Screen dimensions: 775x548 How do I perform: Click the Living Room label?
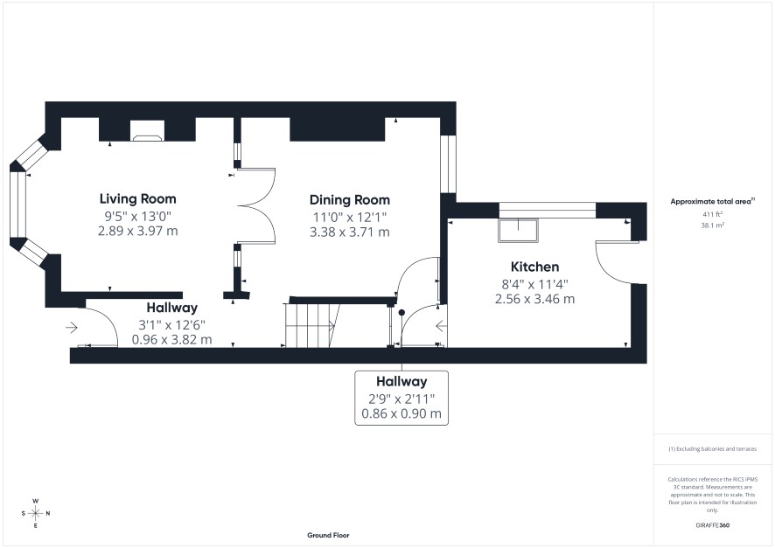click(x=138, y=199)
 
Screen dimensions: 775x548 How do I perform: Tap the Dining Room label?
click(x=349, y=200)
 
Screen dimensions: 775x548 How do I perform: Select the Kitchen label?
click(x=534, y=267)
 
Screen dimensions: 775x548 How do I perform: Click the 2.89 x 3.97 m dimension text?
click(x=138, y=231)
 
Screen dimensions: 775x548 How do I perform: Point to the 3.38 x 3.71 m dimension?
click(x=349, y=232)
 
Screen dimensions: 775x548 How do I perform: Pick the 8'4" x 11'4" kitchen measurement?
click(x=534, y=284)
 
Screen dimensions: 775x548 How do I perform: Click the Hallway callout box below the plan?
click(x=401, y=398)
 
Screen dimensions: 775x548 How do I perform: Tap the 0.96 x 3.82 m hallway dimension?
click(x=172, y=340)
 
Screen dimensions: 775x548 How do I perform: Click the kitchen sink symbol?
click(x=518, y=230)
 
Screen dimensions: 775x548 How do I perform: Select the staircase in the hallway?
click(x=312, y=325)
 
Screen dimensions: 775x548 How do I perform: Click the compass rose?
click(x=36, y=513)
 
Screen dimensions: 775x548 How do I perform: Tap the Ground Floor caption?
click(x=328, y=535)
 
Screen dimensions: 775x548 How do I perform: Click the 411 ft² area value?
click(x=713, y=214)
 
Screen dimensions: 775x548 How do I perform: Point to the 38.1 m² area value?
click(x=713, y=225)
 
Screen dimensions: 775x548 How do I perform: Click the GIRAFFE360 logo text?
click(x=712, y=525)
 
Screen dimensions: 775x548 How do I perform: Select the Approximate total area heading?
click(x=712, y=201)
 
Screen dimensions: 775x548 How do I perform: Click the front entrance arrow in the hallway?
click(x=72, y=328)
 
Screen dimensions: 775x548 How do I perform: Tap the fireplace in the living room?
click(x=147, y=131)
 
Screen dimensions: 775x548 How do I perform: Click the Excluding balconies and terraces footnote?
click(x=712, y=448)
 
